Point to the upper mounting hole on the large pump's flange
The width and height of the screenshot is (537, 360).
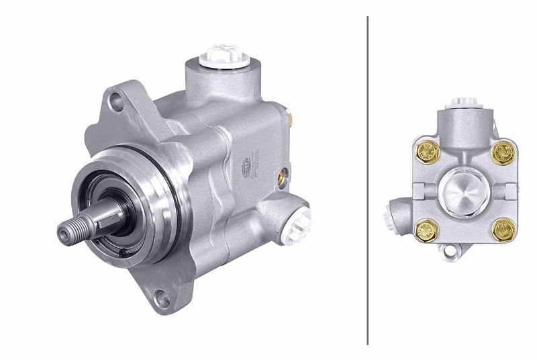click(117, 103)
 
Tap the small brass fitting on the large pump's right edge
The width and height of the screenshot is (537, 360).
click(291, 119)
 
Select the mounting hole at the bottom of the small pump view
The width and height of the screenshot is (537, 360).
click(450, 253)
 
